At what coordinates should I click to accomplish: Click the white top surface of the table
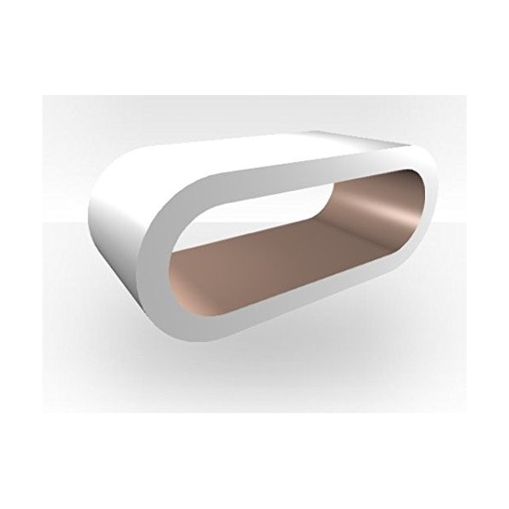[255, 153]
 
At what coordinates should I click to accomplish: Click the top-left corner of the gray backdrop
[44, 96]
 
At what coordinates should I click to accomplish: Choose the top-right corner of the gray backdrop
[465, 96]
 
